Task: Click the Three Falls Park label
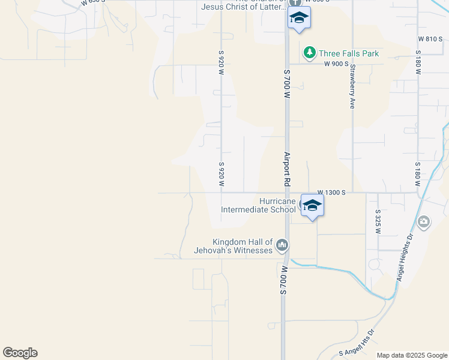click(348, 53)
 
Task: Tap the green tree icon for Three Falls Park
click(309, 53)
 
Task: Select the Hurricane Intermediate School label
click(258, 206)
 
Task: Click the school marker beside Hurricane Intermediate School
click(312, 206)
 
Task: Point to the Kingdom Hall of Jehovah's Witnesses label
click(234, 245)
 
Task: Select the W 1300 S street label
click(331, 192)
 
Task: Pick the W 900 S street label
click(337, 64)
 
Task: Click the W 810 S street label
click(430, 39)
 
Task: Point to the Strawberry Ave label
click(352, 86)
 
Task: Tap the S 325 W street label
click(378, 221)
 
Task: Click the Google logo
click(20, 353)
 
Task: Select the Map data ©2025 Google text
click(412, 355)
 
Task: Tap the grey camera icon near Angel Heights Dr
click(424, 223)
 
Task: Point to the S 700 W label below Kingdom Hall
click(284, 281)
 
